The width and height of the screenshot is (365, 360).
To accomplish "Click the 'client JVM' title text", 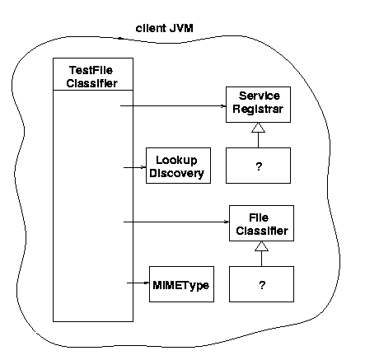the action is tap(165, 28).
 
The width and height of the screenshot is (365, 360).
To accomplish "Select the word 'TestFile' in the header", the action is tap(91, 70).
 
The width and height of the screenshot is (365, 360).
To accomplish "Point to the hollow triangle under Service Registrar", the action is tap(258, 128).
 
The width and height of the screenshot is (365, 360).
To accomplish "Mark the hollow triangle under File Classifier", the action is tap(261, 246).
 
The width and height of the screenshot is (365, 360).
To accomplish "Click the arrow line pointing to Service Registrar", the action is tap(173, 105).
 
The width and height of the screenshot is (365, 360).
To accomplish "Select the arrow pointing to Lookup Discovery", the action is tap(134, 167).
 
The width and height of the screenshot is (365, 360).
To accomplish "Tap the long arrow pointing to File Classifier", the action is tap(176, 222).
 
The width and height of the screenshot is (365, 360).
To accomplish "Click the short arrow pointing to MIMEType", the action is tap(138, 283).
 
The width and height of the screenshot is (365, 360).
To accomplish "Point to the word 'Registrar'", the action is tap(258, 109).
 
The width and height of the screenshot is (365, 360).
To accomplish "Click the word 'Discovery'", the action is tap(177, 173).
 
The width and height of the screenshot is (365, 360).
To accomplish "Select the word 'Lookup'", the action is tap(176, 161).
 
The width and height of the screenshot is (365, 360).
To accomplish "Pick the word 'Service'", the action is tap(260, 96).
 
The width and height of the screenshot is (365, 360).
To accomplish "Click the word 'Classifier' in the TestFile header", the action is tap(92, 83).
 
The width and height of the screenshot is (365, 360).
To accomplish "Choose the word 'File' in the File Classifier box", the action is tap(259, 217).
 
